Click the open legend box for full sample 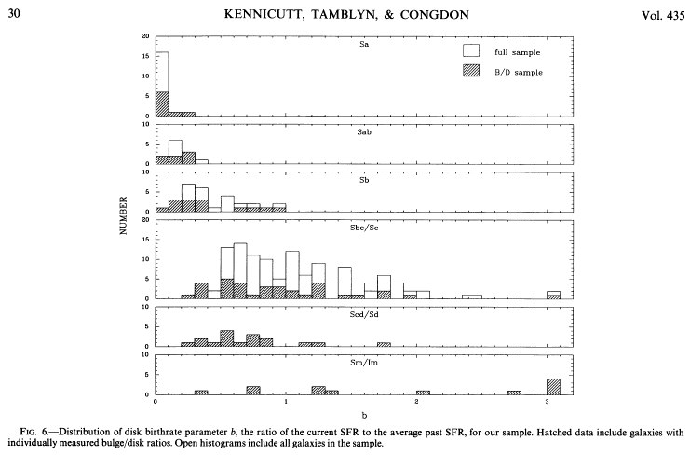[471, 50]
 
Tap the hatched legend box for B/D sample [471, 72]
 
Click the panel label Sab [364, 132]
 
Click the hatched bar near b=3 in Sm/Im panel [553, 386]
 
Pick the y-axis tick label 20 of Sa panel [145, 36]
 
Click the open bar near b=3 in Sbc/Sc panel [553, 293]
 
